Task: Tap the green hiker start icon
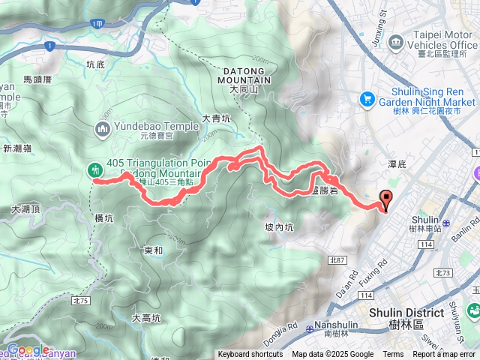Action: tap(95, 170)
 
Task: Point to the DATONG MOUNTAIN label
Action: tap(244, 75)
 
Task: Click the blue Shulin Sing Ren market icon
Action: tap(367, 97)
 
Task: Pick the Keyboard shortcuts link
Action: tap(250, 355)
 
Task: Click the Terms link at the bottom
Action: tap(393, 355)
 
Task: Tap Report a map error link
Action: tap(444, 355)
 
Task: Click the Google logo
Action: tap(28, 349)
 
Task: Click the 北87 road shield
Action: tap(335, 260)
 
